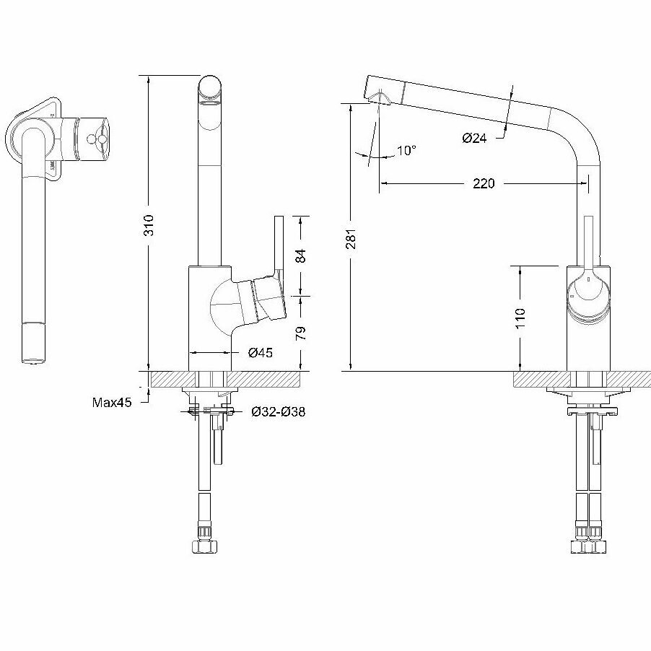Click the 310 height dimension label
(149, 226)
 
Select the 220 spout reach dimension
(484, 183)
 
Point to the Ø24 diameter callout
(474, 137)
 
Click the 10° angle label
(406, 151)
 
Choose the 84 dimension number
(302, 255)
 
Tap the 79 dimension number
(302, 333)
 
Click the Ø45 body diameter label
(260, 353)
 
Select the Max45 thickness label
(112, 402)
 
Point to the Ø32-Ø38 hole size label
(278, 412)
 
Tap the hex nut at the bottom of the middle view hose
(204, 543)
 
